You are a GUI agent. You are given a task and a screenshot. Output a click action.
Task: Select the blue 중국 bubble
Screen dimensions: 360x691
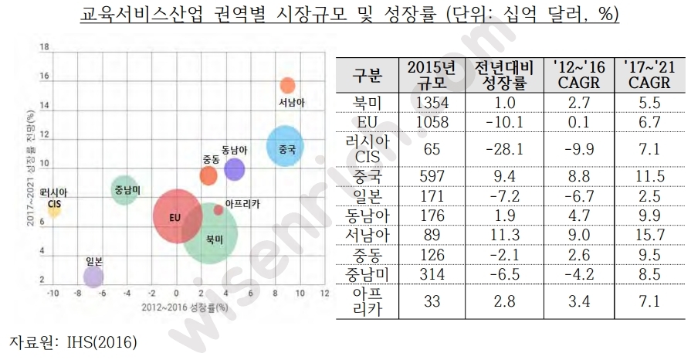(x=285, y=147)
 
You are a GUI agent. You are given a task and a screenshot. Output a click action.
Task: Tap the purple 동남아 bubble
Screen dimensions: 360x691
(x=234, y=169)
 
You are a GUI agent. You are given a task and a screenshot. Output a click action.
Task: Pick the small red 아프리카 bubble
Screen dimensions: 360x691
(x=218, y=209)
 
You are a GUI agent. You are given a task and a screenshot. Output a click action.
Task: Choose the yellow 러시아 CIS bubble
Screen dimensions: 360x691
(x=54, y=209)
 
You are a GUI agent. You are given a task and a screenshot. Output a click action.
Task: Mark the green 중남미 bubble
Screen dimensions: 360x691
(x=124, y=188)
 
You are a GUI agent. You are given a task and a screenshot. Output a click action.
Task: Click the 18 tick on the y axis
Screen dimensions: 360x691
(x=44, y=47)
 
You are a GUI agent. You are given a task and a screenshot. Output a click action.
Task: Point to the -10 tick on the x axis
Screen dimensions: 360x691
(x=53, y=294)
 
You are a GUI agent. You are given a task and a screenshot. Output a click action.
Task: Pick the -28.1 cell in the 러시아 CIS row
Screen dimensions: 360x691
(x=504, y=148)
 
